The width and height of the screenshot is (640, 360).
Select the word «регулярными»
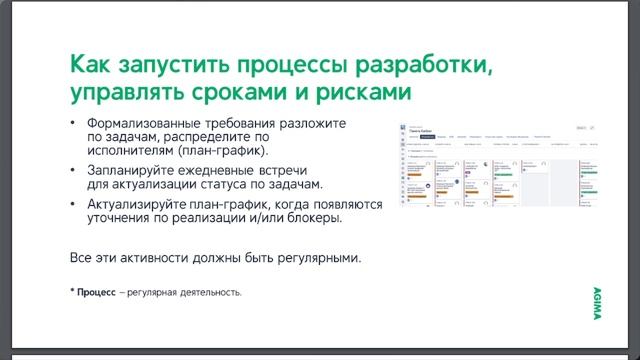click(x=310, y=257)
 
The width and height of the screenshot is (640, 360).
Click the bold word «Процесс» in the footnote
click(x=97, y=292)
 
